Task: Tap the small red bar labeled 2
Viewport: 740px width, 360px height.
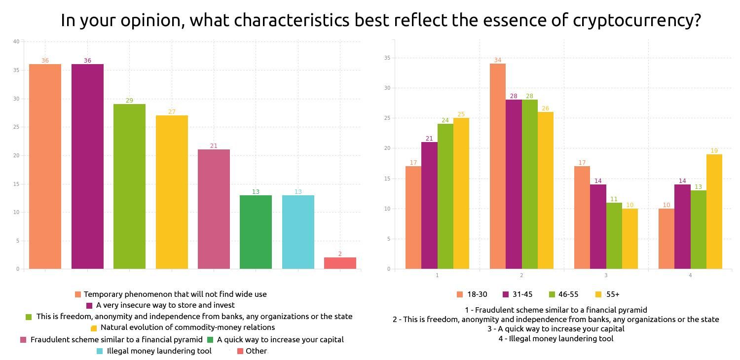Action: point(340,263)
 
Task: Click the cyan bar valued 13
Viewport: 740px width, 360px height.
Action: point(298,232)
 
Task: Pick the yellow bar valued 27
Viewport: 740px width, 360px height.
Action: point(172,192)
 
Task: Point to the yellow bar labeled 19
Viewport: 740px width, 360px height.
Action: point(714,212)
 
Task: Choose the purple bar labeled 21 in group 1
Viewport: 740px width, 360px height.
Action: point(429,206)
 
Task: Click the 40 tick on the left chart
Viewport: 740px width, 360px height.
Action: point(16,42)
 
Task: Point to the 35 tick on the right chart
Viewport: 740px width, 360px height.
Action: point(387,58)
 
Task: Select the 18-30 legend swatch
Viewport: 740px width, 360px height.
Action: point(460,295)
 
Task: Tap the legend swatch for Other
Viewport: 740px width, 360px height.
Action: point(240,351)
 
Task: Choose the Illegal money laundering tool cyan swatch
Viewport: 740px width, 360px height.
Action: point(100,351)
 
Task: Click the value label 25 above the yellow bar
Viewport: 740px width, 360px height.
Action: point(461,114)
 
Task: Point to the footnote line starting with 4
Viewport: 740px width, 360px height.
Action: point(556,339)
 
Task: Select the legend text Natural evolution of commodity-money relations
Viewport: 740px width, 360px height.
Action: point(187,327)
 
